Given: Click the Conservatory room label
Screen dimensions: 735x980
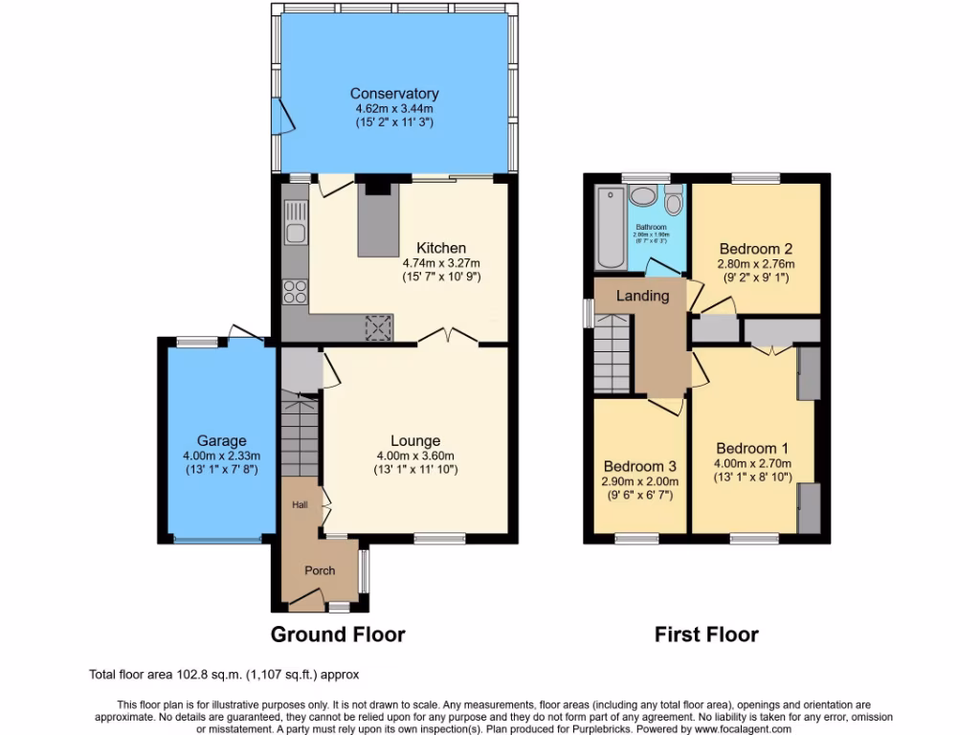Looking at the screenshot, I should tap(393, 94).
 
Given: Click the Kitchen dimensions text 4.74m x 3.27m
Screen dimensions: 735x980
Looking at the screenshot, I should tap(441, 263).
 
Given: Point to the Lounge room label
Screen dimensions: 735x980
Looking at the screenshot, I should tap(415, 440).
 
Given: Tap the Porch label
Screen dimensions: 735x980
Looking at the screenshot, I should tap(320, 570).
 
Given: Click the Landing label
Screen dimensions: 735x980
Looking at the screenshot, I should tap(642, 296).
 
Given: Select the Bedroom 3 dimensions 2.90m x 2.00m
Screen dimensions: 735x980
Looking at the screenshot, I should tap(639, 481).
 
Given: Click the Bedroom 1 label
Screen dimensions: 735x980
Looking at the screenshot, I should tap(752, 448).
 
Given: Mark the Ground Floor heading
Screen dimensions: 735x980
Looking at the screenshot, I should tap(338, 635).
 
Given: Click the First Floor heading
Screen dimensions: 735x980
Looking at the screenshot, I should tap(706, 635).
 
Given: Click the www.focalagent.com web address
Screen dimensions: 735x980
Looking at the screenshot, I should tap(736, 728).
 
